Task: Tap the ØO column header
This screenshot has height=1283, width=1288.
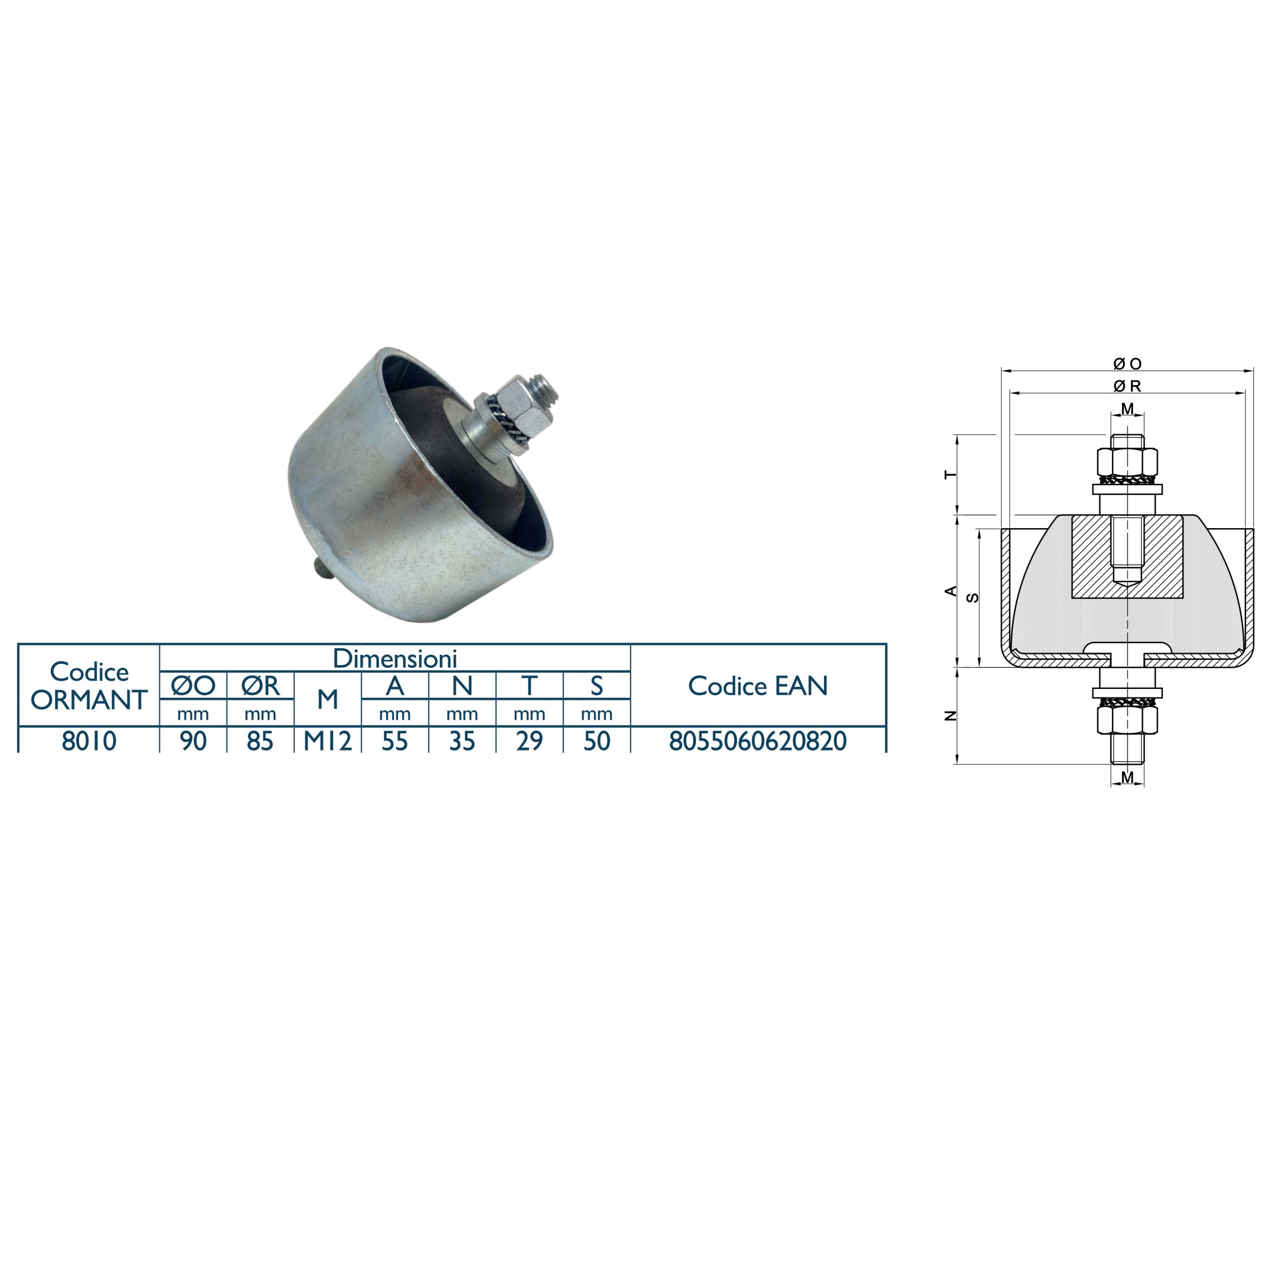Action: click(x=193, y=685)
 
